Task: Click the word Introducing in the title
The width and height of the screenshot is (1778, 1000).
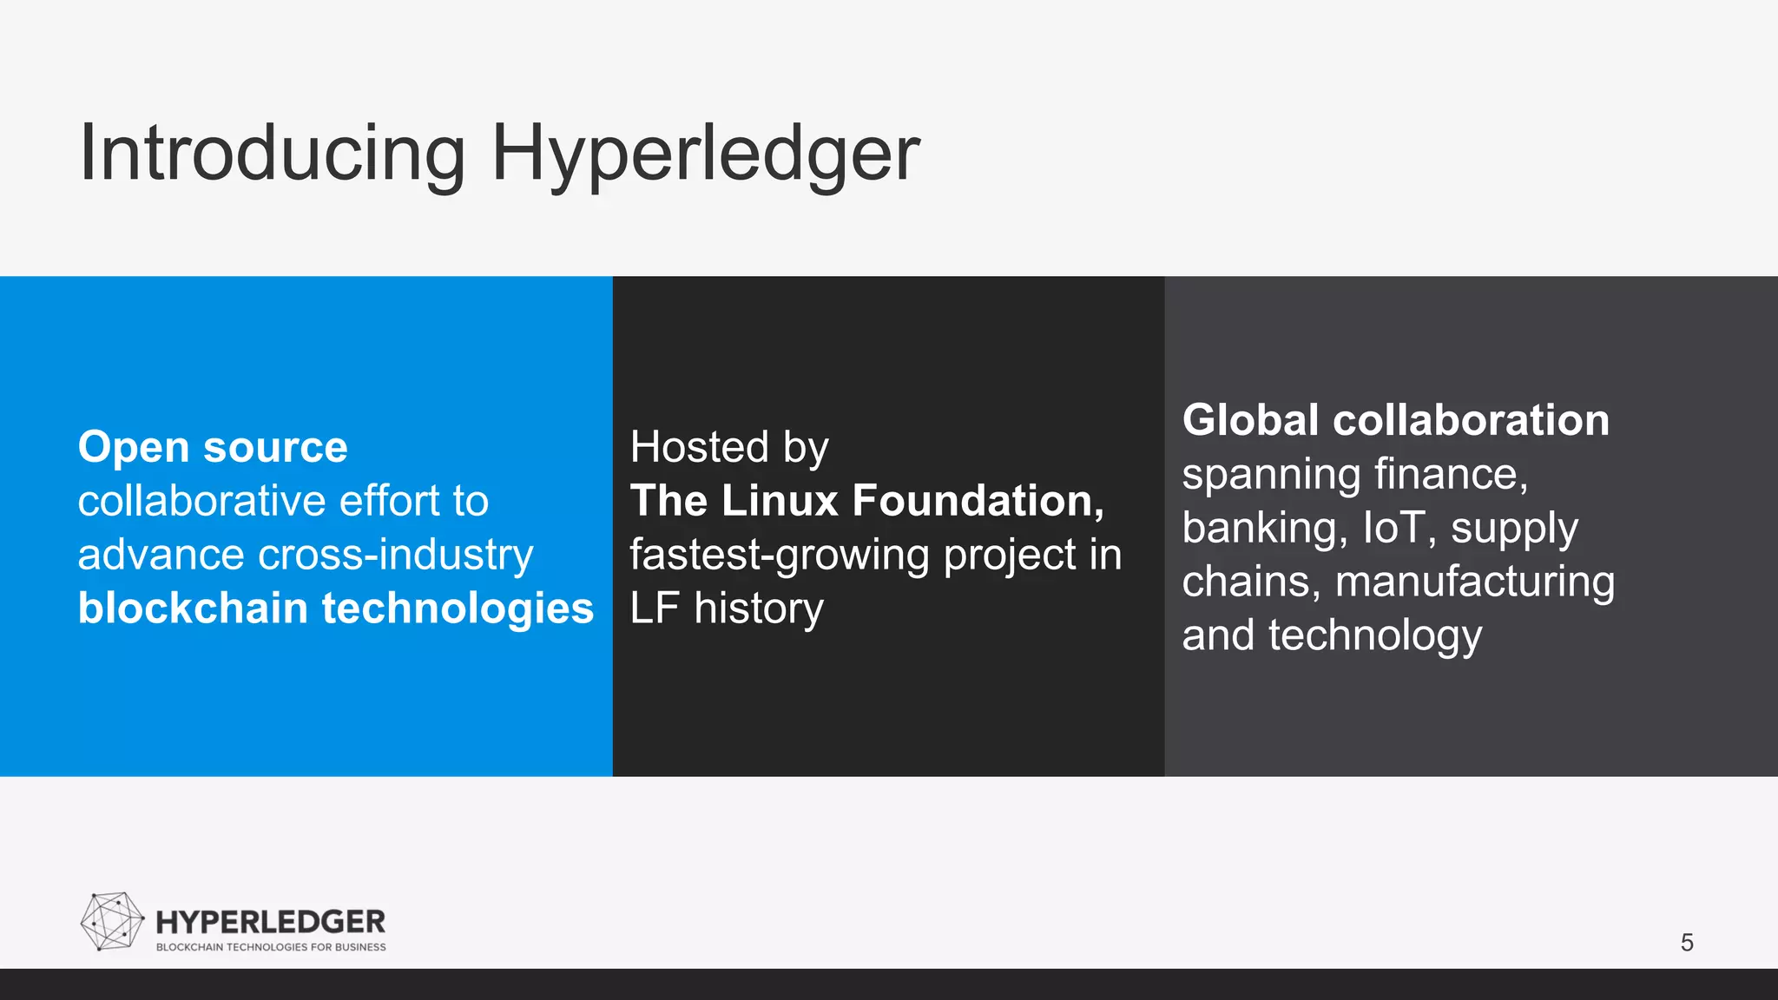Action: [272, 154]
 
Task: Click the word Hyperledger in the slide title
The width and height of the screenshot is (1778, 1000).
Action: [705, 154]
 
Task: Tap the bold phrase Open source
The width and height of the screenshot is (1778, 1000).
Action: [213, 447]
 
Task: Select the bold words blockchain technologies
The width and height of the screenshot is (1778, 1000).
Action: [336, 609]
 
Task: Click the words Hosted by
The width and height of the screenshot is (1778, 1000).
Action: [729, 447]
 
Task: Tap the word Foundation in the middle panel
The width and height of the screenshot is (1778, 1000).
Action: [977, 501]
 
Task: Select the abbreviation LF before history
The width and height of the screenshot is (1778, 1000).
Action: [654, 609]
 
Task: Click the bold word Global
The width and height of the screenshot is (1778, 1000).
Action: [1250, 420]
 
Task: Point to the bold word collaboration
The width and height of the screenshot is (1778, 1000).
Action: [1471, 420]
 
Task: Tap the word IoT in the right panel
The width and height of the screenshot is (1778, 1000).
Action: [1394, 528]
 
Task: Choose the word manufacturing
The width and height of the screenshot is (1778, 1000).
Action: [1475, 582]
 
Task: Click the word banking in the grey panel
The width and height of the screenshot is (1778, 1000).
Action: [1264, 528]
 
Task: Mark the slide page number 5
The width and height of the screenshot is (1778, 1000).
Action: [1687, 943]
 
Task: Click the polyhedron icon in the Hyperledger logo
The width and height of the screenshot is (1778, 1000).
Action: [112, 921]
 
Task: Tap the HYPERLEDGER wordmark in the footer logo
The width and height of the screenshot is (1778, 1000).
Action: [270, 921]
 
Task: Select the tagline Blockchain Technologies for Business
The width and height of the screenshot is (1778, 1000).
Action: [271, 947]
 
